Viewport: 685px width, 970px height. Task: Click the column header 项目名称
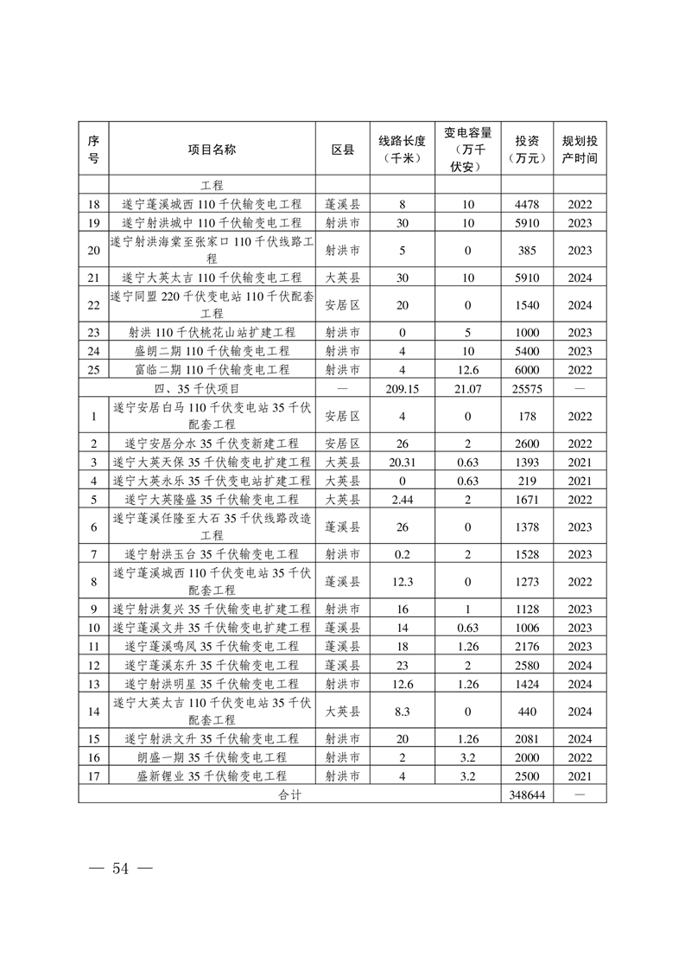(x=212, y=149)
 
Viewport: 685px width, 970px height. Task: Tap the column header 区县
(x=343, y=149)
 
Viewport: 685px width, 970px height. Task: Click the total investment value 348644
(x=527, y=795)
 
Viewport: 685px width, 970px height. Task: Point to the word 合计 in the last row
(x=289, y=795)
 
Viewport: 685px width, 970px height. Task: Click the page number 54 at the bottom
(x=119, y=869)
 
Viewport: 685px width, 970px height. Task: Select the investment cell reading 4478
(x=527, y=205)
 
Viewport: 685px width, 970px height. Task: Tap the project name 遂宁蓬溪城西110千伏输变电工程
(x=212, y=205)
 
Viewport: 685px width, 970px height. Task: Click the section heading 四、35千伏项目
(x=212, y=389)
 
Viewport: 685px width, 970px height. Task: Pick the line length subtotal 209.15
(x=403, y=389)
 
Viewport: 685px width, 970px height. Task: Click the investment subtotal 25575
(x=527, y=389)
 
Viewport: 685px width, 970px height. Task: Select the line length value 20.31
(x=403, y=462)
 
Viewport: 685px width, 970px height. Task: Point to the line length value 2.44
(x=403, y=499)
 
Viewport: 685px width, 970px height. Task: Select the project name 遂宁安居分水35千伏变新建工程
(x=212, y=444)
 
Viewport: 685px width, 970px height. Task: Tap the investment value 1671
(x=527, y=499)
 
